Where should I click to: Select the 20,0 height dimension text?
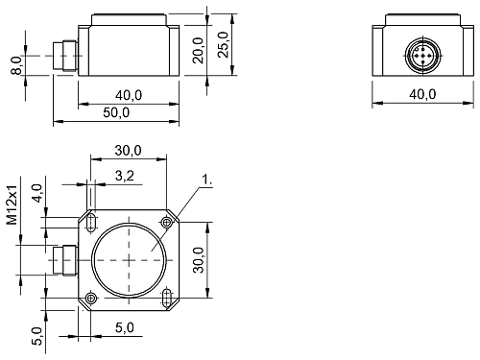(198, 47)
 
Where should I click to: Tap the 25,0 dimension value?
(224, 43)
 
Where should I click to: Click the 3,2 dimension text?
(125, 177)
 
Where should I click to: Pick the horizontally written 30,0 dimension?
(128, 151)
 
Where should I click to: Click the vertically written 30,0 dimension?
(198, 259)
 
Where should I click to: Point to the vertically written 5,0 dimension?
(36, 336)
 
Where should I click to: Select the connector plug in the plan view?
(67, 260)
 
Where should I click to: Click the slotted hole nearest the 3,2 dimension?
(90, 223)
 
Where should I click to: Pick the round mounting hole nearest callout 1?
(167, 223)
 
